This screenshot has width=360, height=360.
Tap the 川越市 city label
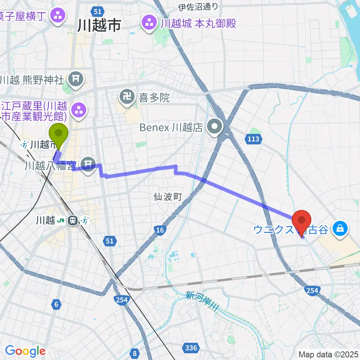click(x=99, y=25)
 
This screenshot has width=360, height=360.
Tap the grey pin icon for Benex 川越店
click(x=215, y=127)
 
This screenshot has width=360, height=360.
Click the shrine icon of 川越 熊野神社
click(x=76, y=79)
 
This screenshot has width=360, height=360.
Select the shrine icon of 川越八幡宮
click(x=88, y=164)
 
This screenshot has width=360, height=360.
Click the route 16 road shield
click(x=160, y=230)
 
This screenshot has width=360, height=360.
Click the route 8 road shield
click(x=134, y=352)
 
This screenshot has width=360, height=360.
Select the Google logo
click(x=25, y=351)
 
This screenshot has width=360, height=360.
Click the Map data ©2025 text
click(x=328, y=354)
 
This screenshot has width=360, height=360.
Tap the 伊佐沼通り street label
click(x=198, y=7)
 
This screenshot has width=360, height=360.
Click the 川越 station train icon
click(x=72, y=220)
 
